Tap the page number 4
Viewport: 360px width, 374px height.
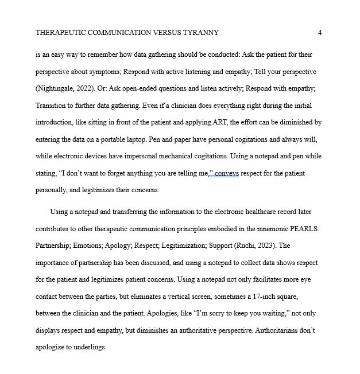(x=320, y=33)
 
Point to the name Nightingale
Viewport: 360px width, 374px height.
(x=56, y=89)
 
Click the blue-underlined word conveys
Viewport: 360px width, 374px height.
(x=227, y=173)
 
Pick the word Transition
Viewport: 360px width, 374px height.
(x=52, y=106)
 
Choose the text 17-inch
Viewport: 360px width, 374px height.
(x=257, y=297)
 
